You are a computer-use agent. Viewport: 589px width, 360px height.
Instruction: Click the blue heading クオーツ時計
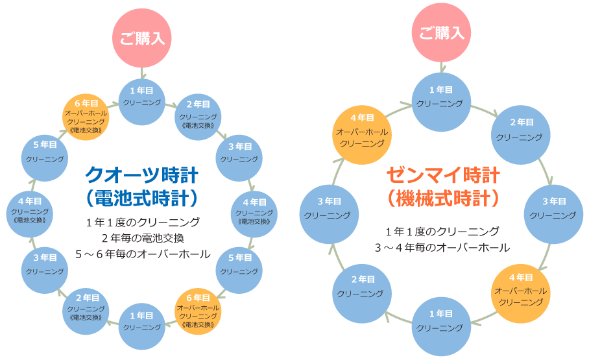141,175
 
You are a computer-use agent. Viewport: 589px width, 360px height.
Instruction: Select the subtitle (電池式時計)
141,197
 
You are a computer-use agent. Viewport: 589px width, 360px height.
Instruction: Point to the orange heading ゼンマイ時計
443,175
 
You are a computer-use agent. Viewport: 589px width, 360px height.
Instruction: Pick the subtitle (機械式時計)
443,197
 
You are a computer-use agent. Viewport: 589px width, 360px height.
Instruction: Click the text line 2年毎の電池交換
143,238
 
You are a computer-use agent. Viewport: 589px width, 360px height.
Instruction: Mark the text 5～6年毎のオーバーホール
143,254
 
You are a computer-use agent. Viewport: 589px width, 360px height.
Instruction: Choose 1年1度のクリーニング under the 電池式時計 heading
143,222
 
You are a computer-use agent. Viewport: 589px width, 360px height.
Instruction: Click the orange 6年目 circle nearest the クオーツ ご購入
86,116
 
